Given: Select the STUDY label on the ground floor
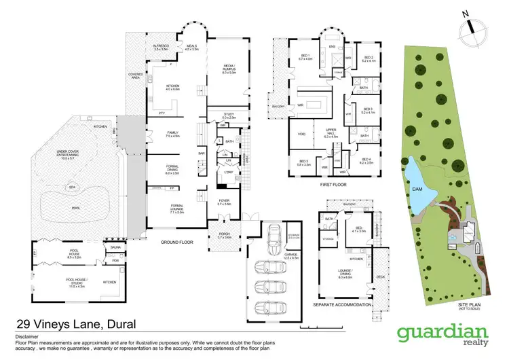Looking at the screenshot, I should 229,115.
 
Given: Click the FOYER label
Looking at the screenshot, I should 224,202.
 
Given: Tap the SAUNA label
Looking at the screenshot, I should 115,248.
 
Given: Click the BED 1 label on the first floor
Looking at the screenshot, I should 306,56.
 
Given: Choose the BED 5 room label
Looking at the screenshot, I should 302,162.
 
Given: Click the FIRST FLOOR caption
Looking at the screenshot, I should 333,183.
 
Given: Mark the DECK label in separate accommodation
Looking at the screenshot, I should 380,276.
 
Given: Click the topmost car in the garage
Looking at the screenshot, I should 274,237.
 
